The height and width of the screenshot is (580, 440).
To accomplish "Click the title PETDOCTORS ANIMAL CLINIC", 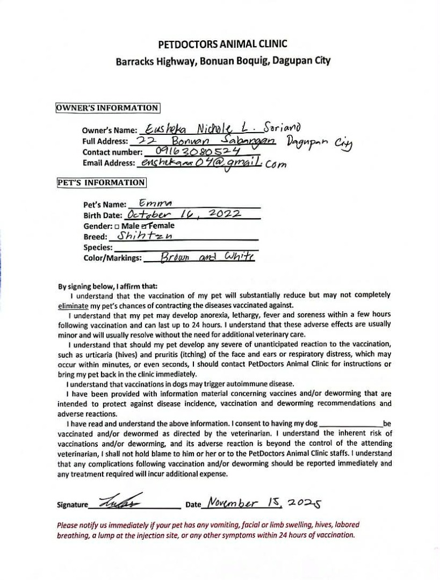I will [222, 44].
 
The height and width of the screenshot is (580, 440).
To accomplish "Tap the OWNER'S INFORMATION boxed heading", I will [108, 107].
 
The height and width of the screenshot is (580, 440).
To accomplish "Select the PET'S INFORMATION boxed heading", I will [102, 182].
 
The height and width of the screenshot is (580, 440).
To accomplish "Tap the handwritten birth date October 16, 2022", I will [183, 214].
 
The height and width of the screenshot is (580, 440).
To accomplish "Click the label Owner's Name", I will [110, 130].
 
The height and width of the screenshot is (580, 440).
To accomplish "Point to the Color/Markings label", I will [112, 258].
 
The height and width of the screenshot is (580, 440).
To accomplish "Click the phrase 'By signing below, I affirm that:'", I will [107, 286].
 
